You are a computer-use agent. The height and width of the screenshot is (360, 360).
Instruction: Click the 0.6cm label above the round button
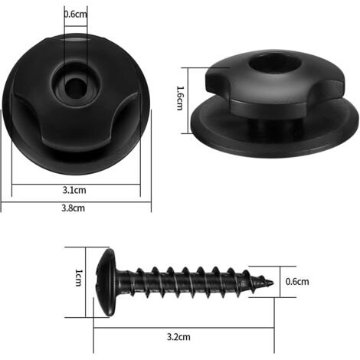click(75, 14)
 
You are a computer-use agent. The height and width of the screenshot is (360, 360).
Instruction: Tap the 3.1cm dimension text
click(74, 190)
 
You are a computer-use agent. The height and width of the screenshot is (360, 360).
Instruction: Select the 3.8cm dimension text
click(73, 208)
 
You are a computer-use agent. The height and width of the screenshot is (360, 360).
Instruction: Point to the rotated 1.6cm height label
click(180, 98)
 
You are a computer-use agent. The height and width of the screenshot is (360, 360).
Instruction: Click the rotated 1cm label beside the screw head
click(79, 277)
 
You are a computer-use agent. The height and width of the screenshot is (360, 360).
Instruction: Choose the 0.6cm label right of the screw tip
click(297, 282)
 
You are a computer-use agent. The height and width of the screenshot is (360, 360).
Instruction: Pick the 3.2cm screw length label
click(178, 337)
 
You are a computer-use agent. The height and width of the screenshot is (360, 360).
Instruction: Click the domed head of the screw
click(106, 283)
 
